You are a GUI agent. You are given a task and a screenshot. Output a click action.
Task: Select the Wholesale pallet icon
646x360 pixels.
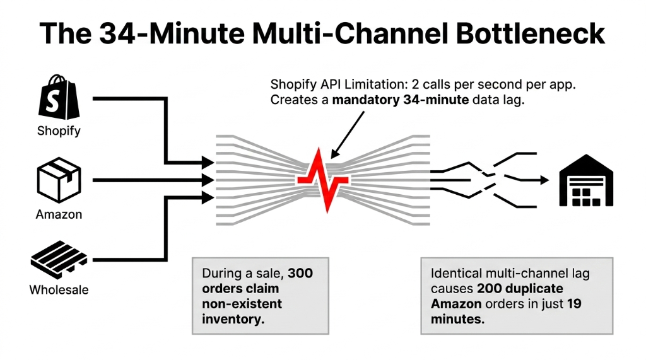pyautogui.click(x=59, y=260)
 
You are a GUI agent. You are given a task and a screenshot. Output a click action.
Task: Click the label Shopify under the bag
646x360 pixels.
pyautogui.click(x=59, y=131)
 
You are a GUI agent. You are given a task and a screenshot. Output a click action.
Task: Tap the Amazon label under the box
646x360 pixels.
pyautogui.click(x=59, y=214)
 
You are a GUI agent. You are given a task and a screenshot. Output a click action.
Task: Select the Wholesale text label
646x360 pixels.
pyautogui.click(x=59, y=290)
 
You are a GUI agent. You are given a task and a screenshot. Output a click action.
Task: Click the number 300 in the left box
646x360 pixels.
pyautogui.click(x=300, y=274)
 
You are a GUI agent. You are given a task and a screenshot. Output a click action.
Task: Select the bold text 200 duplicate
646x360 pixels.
pyautogui.click(x=520, y=289)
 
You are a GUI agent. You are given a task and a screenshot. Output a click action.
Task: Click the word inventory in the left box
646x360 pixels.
pyautogui.click(x=231, y=319)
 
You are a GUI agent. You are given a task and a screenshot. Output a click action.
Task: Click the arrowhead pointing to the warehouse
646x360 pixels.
pyautogui.click(x=543, y=180)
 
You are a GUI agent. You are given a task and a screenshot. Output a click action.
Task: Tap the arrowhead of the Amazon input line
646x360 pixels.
pyautogui.click(x=207, y=180)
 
